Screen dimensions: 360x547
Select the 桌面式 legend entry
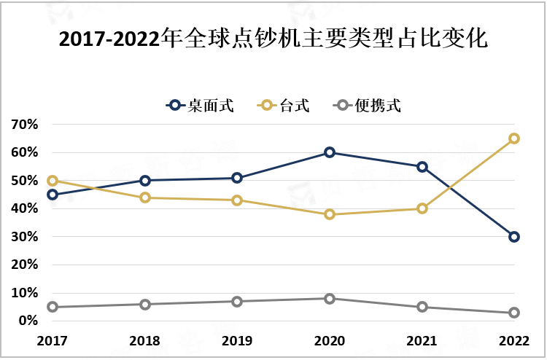[x=200, y=106]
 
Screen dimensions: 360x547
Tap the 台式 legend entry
[x=284, y=106]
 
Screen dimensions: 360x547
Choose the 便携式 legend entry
[x=368, y=106]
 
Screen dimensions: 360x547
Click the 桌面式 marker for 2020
[x=330, y=152]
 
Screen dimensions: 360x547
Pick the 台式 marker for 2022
[x=514, y=138]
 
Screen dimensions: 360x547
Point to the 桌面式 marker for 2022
[x=514, y=237]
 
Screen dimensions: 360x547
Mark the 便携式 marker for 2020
[x=330, y=298]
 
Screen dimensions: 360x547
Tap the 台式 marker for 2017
[x=53, y=181]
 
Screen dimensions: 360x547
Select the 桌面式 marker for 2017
[x=53, y=195]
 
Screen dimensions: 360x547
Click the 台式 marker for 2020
[x=330, y=214]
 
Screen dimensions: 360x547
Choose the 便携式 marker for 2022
[x=514, y=313]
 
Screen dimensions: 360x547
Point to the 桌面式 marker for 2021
[x=422, y=167]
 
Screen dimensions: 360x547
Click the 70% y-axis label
[x=24, y=125]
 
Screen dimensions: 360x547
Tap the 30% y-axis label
[x=24, y=237]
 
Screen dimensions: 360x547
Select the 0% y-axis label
[x=28, y=321]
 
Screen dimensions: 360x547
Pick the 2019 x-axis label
[x=237, y=340]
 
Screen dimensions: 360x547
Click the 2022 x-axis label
[x=514, y=340]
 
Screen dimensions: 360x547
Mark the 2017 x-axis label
[x=53, y=340]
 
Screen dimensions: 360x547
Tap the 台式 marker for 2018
[x=145, y=197]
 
